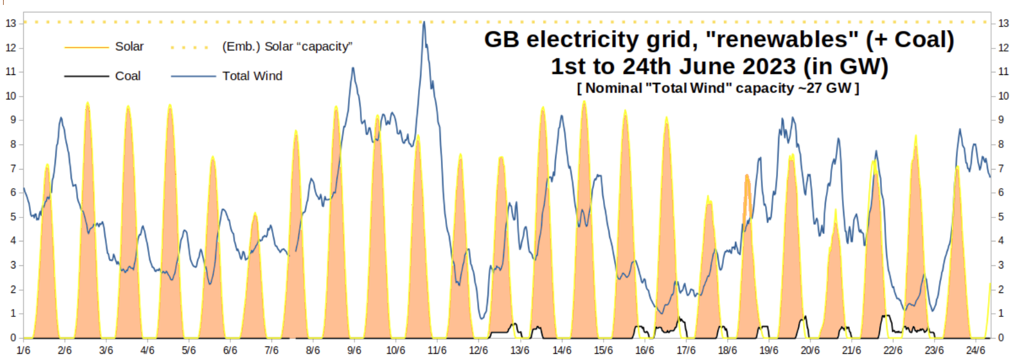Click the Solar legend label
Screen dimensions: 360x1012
coord(129,47)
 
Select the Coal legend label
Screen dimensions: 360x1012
coord(128,76)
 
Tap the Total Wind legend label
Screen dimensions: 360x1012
coord(252,76)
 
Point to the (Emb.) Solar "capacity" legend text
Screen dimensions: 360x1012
coord(287,47)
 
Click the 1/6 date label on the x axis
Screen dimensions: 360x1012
coord(23,350)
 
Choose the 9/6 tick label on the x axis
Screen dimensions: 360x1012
coord(354,350)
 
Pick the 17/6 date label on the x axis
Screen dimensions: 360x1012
coord(686,350)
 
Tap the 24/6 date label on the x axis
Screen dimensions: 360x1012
coord(976,350)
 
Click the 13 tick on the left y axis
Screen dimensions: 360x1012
coord(10,23)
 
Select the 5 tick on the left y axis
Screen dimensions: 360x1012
coord(13,217)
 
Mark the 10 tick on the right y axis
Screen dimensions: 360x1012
coord(1003,96)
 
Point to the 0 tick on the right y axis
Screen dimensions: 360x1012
coord(1001,337)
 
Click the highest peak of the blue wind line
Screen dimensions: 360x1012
coord(424,23)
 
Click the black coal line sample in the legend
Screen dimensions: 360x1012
coord(86,76)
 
